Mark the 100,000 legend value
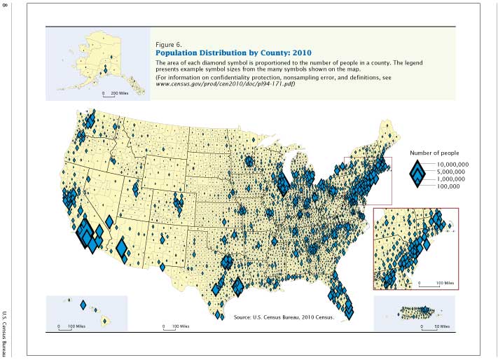click(x=448, y=186)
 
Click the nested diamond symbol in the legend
click(x=417, y=174)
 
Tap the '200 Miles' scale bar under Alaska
click(x=116, y=93)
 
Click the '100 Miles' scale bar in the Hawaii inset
click(x=67, y=326)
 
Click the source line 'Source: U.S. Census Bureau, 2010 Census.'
click(x=284, y=317)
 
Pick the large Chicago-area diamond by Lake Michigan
click(x=283, y=184)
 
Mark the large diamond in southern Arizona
click(x=121, y=248)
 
